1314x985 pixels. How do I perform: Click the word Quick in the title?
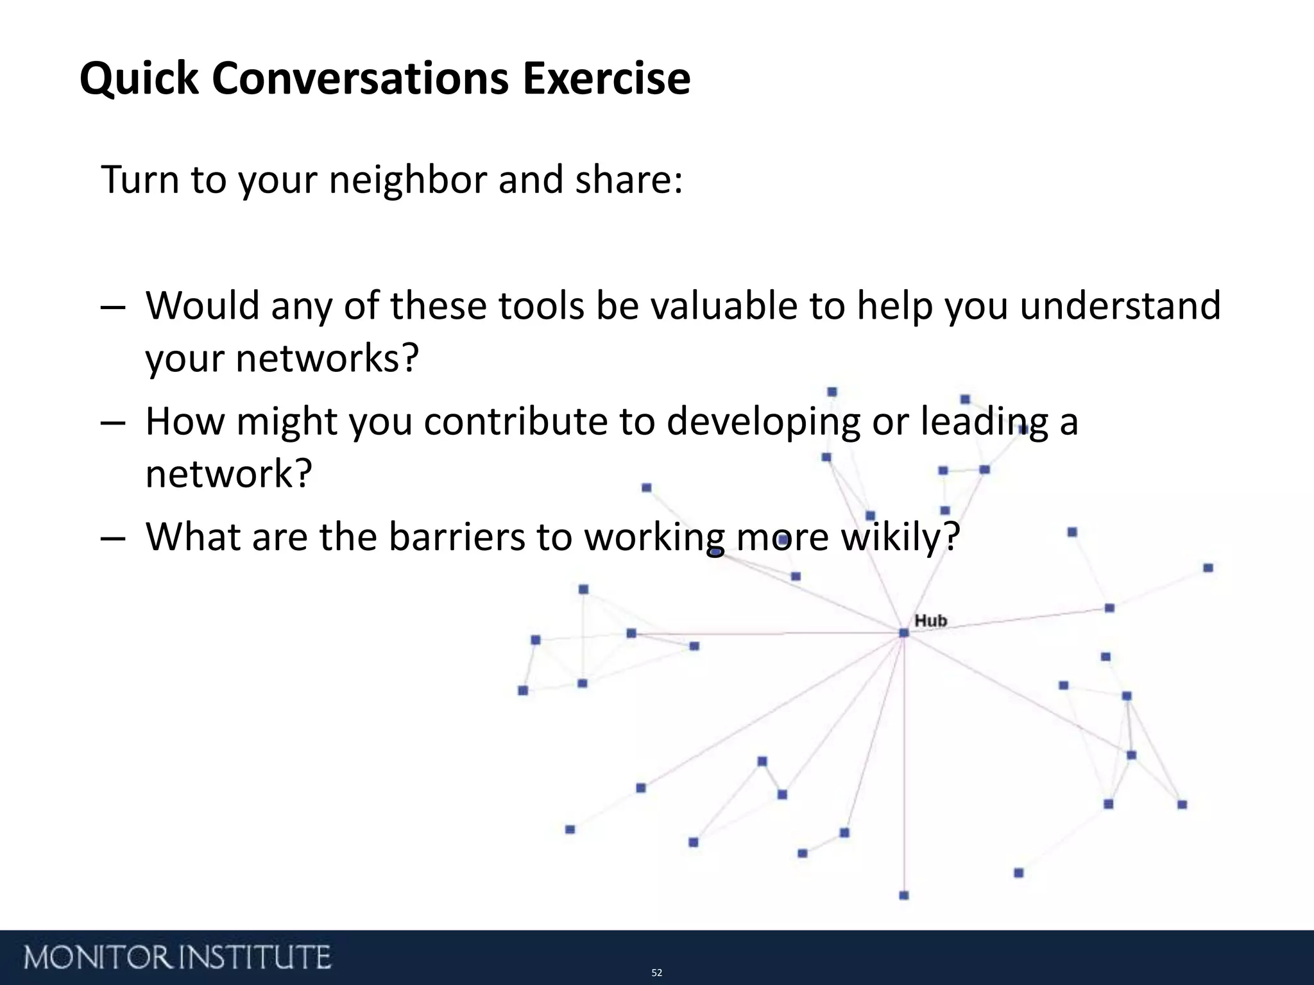pos(139,80)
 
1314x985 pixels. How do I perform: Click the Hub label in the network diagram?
pos(930,620)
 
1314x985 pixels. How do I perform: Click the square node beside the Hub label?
pos(904,633)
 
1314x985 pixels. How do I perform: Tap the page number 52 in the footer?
pos(656,973)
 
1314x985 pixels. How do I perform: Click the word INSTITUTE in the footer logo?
pos(254,957)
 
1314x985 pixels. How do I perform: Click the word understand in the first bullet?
pos(1120,305)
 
